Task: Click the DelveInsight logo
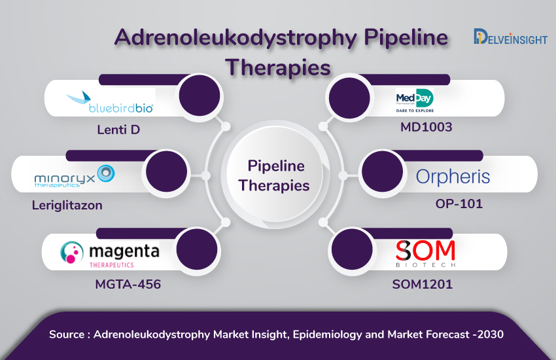pos(510,37)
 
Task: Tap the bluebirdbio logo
pos(110,103)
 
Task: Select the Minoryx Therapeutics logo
pos(75,176)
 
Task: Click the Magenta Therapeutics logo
pos(110,253)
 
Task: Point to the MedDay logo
pos(415,100)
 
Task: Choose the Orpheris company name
pos(453,177)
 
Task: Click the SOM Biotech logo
pos(426,253)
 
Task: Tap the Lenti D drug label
pos(118,130)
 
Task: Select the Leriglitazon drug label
pos(67,206)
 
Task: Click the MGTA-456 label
pos(128,284)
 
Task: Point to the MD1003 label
pos(426,127)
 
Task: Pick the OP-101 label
pos(459,204)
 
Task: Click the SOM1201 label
pos(423,284)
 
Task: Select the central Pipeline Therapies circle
pos(275,175)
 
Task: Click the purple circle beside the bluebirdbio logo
pos(200,96)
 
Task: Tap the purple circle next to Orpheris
pos(382,172)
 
